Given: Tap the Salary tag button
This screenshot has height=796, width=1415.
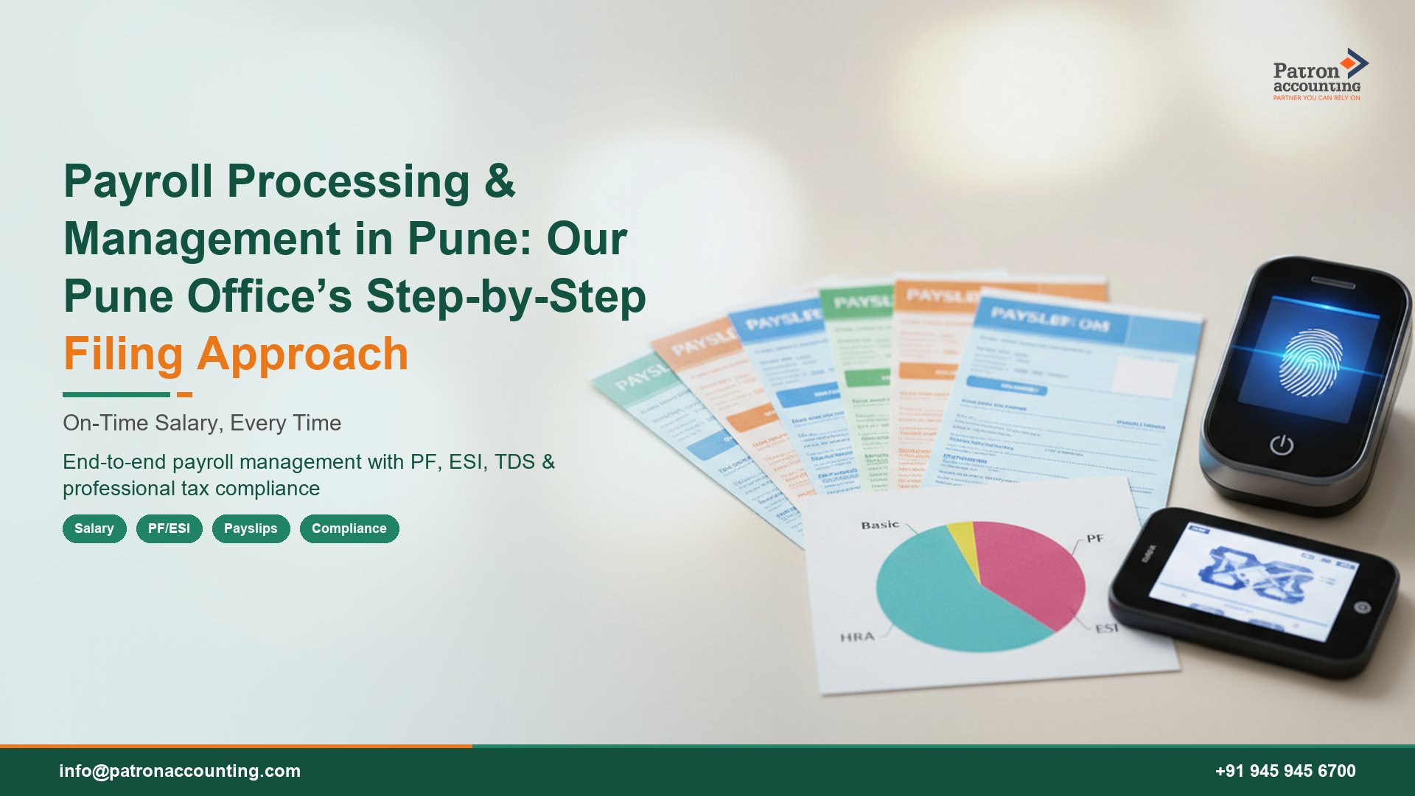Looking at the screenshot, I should click(x=94, y=528).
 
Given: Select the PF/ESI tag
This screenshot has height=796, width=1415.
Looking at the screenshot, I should click(x=169, y=528).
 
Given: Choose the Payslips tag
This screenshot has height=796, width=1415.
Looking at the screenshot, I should click(x=251, y=528).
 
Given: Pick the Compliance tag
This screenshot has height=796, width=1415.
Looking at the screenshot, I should click(x=349, y=528).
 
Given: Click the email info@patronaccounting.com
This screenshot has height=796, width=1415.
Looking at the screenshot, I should click(x=180, y=771).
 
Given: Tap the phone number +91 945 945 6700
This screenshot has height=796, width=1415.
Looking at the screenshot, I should click(x=1285, y=771).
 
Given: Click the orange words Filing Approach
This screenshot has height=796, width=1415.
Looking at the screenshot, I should click(x=236, y=354).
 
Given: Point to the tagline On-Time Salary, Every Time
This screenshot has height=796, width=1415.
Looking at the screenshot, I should click(x=202, y=423).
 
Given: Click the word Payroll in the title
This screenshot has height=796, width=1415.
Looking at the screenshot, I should click(x=138, y=181).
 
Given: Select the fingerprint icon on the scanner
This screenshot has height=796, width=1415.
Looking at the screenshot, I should click(x=1310, y=361).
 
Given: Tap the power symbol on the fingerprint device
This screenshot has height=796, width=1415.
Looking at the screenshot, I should click(x=1282, y=444).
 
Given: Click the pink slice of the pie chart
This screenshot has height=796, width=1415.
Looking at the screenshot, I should click(x=1032, y=568).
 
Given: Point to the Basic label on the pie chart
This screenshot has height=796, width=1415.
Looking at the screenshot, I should click(x=880, y=525).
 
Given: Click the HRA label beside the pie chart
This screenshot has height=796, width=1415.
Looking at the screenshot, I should click(x=857, y=636).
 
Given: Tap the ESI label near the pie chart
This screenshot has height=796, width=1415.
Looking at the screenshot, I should click(x=1106, y=628).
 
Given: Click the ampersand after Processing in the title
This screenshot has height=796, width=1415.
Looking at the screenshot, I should click(x=500, y=181).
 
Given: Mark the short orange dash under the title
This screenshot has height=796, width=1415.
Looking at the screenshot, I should click(x=184, y=394).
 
